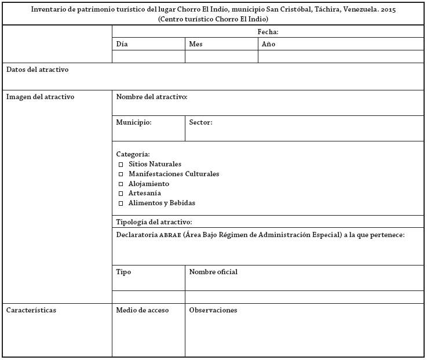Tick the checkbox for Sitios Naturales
[x=121, y=165]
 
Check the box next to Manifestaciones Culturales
[x=121, y=174]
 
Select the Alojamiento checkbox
[x=121, y=184]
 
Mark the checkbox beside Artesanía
[x=121, y=194]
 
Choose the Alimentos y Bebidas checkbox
[x=121, y=203]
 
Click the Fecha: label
[x=268, y=32]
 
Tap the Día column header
[x=122, y=44]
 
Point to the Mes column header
[x=196, y=44]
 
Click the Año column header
[x=268, y=44]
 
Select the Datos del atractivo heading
[x=37, y=70]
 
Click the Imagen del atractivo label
[x=40, y=97]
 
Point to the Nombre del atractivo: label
[x=151, y=97]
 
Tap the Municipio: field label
[x=133, y=123]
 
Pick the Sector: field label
[x=200, y=123]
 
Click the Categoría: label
[x=133, y=154]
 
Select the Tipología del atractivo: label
[x=154, y=222]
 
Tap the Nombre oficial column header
[x=213, y=272]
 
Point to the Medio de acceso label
[x=142, y=310]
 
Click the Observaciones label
[x=213, y=310]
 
